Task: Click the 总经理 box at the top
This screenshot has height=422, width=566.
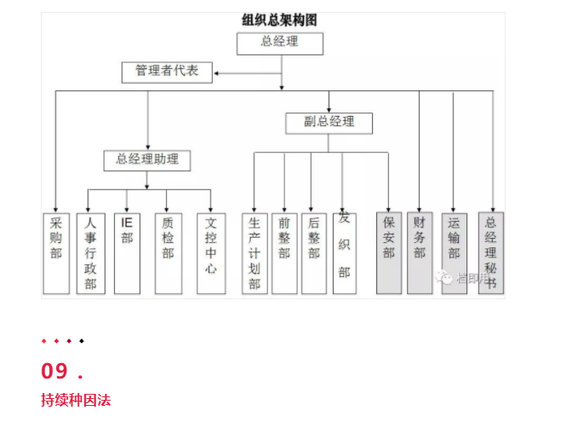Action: pos(280,43)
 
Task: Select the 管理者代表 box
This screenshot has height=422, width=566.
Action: pos(167,72)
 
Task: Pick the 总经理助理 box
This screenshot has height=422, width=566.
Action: pos(147,159)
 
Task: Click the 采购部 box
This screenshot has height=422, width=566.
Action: pos(56,253)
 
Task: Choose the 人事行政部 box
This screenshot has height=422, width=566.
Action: pos(90,253)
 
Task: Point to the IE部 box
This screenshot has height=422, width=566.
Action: pos(127,253)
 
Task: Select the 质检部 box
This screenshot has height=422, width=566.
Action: pos(168,253)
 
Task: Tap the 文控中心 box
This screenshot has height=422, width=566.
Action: pos(211,253)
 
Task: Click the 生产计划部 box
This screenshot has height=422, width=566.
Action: pos(254,253)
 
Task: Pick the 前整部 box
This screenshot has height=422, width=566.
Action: pos(284,253)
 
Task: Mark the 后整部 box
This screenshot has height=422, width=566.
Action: pos(314,253)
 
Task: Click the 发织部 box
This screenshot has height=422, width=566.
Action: pos(344,253)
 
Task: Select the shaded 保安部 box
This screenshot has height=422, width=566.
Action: pos(389,253)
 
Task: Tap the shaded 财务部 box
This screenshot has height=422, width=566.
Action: pos(420,253)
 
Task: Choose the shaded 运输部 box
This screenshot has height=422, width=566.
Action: pos(454,253)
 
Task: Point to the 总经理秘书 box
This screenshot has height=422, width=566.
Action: pos(490,253)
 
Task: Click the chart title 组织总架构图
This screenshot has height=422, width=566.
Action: pos(280,19)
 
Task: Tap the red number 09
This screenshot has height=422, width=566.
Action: pos(54,371)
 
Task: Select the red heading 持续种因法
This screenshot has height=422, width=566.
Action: pos(76,400)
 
